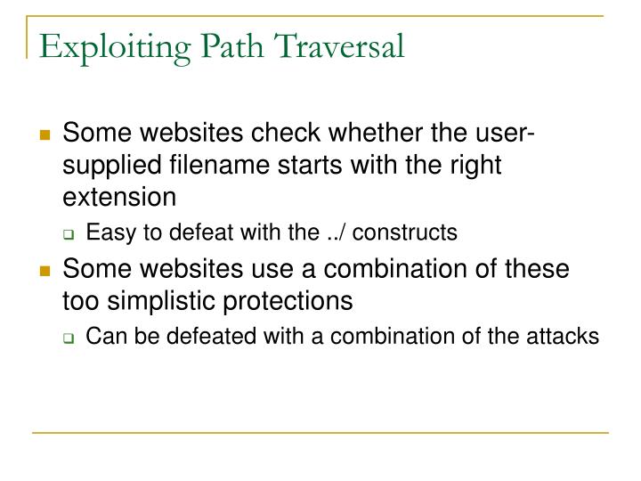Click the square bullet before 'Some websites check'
click(44, 136)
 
